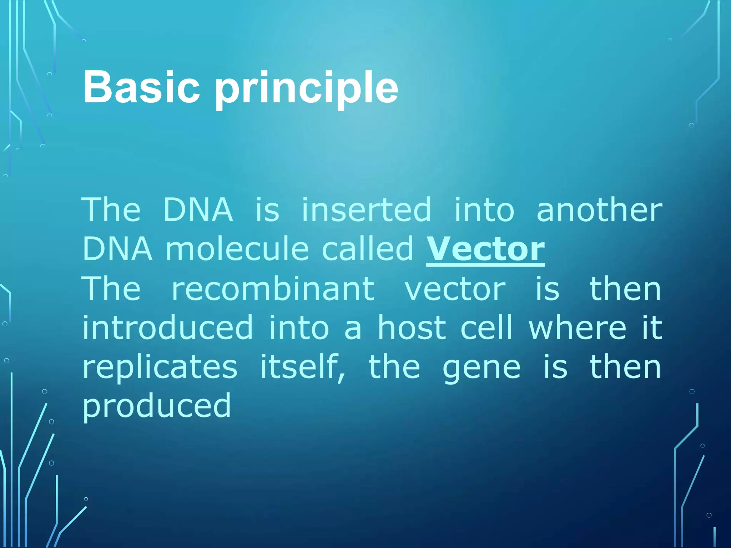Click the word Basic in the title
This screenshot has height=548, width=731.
141,87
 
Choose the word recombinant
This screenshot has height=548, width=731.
273,289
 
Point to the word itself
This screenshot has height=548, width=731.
303,367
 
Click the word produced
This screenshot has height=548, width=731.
157,407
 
